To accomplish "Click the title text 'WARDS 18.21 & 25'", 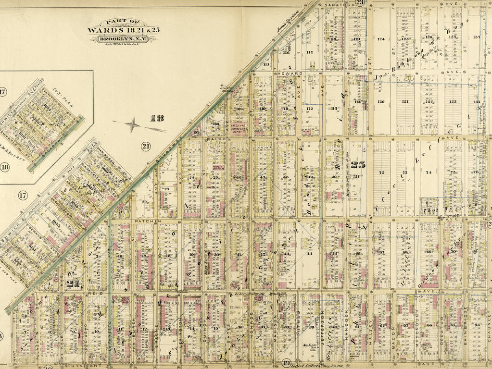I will click(123, 30).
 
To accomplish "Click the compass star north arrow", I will click(133, 125).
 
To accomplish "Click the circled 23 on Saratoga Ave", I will click(360, 3).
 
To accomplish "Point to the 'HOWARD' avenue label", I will click(289, 73).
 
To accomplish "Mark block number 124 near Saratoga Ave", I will click(382, 39).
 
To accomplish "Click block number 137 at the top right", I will click(476, 37).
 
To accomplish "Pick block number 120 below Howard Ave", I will click(381, 102).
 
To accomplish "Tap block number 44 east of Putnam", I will click(309, 253).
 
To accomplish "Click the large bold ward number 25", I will click(357, 165).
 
